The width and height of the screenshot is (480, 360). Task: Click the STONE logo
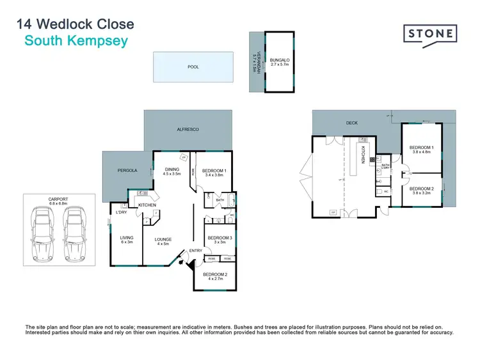(x=430, y=34)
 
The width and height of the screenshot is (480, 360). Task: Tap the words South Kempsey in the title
(x=76, y=42)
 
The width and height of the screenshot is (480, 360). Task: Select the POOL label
(x=193, y=66)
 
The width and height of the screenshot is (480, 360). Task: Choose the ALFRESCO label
(x=188, y=129)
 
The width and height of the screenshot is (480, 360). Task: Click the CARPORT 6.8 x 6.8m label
(x=58, y=201)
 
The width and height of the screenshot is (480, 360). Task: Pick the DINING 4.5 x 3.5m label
(x=172, y=171)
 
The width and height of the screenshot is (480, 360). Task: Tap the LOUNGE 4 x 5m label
(x=164, y=242)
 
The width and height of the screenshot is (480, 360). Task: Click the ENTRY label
(x=195, y=251)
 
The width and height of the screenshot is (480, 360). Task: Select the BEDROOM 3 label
(x=220, y=240)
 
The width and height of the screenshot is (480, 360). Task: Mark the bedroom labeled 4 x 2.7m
(x=214, y=276)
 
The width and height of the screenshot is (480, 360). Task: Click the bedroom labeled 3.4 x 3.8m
(x=214, y=173)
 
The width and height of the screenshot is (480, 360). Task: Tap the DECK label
(x=351, y=122)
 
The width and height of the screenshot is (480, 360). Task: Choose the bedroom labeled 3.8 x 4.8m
(x=422, y=151)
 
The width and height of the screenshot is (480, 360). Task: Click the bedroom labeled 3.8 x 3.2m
(x=422, y=191)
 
